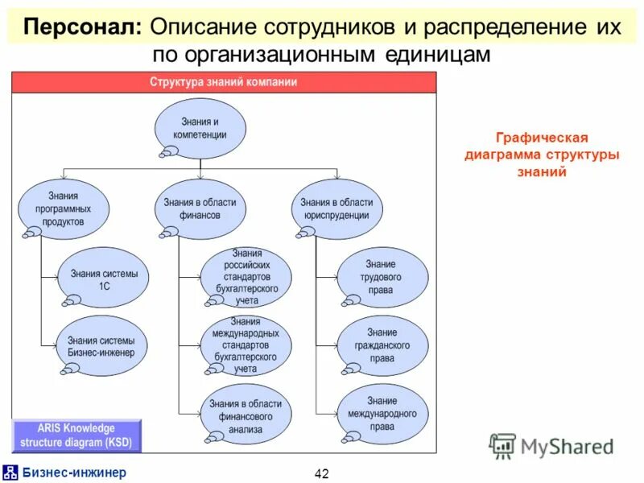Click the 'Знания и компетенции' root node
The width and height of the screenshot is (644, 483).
tap(200, 128)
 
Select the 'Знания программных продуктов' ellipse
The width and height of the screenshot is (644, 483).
tap(64, 208)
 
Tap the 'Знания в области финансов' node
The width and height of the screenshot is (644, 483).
tap(200, 208)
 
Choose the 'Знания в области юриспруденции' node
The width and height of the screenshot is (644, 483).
tap(336, 208)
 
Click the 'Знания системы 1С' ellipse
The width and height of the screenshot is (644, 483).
tap(104, 279)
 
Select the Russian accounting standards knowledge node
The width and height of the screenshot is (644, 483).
tap(246, 277)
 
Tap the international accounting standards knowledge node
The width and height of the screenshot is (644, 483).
tap(246, 345)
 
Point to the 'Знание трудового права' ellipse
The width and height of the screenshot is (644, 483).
tap(382, 277)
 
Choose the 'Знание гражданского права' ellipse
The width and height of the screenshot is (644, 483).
tap(382, 345)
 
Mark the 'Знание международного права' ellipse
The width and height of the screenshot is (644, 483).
tap(382, 413)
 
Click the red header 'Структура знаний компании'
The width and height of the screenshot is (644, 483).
tap(224, 82)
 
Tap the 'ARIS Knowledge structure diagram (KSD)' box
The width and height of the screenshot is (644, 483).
tap(76, 436)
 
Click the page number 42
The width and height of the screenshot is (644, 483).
tap(321, 473)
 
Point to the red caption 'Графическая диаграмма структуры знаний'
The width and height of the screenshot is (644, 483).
tap(541, 155)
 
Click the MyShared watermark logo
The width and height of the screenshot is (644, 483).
tap(551, 445)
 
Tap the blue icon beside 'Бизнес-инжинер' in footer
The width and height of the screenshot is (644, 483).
tap(10, 473)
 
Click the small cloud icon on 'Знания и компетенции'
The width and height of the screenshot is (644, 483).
tap(170, 151)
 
